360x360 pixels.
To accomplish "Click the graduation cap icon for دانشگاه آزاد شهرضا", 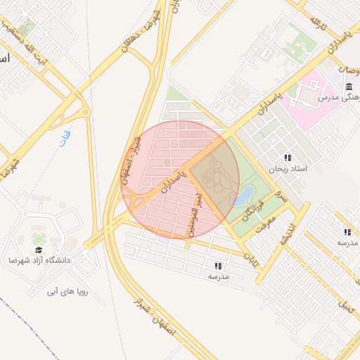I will coord(39,249).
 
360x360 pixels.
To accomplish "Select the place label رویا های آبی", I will coord(67,290).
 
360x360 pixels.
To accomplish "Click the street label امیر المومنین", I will coord(194,214).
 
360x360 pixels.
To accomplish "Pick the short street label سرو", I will coord(282,197).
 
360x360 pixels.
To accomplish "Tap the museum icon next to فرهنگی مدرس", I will coord(349,86).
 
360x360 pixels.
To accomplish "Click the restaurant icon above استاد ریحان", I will coord(288,157).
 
